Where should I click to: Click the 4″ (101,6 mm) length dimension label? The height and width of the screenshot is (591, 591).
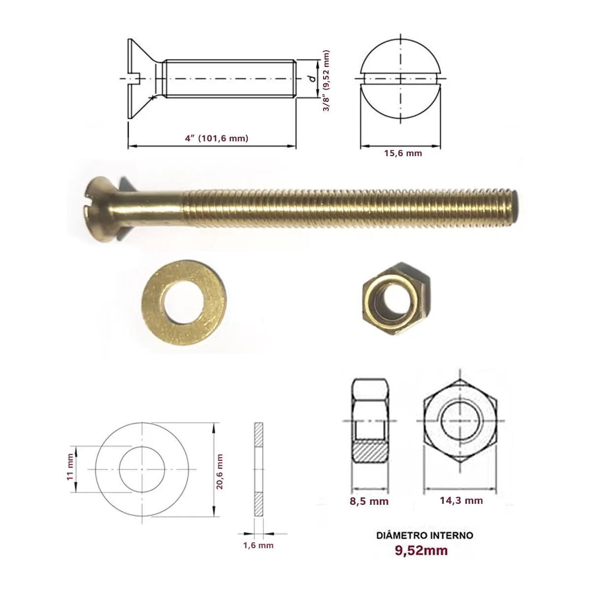point(217,138)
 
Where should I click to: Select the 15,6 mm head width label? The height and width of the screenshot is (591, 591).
point(403,153)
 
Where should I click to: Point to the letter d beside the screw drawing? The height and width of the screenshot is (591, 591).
point(313,78)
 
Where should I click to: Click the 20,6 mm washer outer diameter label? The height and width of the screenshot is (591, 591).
point(219,471)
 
